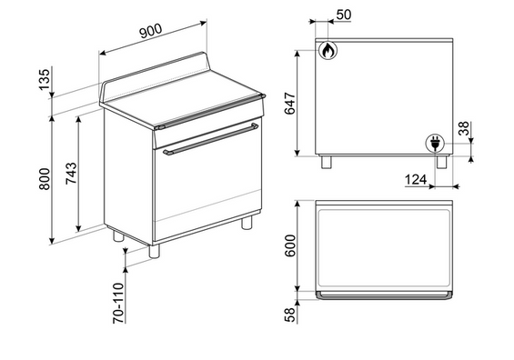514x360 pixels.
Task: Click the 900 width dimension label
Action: [x=151, y=31]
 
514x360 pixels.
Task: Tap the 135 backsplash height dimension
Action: [x=45, y=79]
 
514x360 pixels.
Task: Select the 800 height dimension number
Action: [x=45, y=179]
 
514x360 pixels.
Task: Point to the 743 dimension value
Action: [x=71, y=174]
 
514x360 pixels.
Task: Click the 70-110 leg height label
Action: [x=118, y=303]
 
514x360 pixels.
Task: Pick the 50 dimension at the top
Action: [x=344, y=15]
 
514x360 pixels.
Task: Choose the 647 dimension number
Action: [x=290, y=104]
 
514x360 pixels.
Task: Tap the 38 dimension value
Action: [x=464, y=128]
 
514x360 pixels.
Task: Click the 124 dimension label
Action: [x=416, y=179]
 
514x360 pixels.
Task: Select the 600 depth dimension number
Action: [x=290, y=245]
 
